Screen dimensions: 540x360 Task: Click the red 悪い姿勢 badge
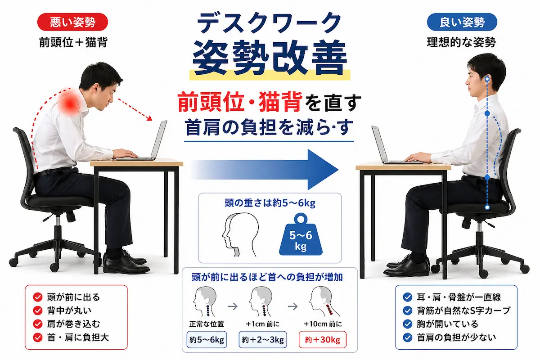click(72, 22)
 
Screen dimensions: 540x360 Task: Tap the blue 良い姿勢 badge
click(462, 22)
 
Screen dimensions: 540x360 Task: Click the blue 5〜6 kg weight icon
click(301, 234)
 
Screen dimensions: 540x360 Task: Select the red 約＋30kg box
click(323, 339)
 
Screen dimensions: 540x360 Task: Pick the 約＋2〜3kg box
click(263, 339)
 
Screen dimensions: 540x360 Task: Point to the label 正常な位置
click(207, 324)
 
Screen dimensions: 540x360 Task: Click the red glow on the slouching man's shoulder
click(70, 103)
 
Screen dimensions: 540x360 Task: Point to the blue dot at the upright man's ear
click(487, 79)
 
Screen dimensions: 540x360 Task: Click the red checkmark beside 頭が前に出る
click(38, 297)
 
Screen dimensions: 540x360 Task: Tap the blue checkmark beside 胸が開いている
click(407, 324)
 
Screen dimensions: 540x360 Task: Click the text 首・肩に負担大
click(78, 337)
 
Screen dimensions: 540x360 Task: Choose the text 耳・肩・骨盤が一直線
click(459, 297)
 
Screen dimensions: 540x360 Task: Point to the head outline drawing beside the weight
click(240, 234)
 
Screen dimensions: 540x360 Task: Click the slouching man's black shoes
click(126, 262)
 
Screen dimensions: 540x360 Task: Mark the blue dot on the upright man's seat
click(487, 207)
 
